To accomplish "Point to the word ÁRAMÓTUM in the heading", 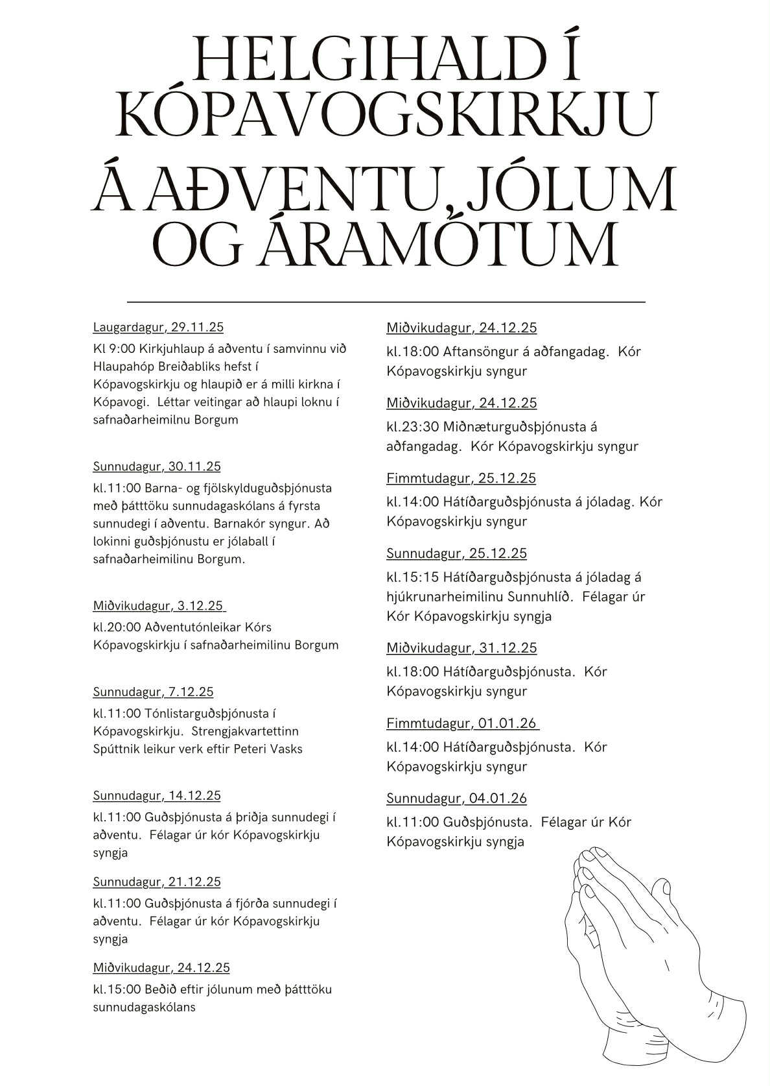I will point(437,245).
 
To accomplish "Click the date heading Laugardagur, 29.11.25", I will point(158,327).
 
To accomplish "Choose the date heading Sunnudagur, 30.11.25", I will point(157,466).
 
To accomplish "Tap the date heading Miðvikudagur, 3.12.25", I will point(159,606).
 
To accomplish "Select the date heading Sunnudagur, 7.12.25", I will point(153,692).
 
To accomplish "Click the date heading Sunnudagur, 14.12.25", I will point(157,795).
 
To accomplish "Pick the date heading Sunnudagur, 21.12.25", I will point(157,882).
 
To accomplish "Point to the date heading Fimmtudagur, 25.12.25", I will point(461,478).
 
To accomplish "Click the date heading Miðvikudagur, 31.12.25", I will point(461,648).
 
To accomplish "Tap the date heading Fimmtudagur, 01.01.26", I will point(462,723).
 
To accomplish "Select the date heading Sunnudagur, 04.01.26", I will point(456,799).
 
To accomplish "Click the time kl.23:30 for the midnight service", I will point(413,427).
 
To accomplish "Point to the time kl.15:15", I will point(413,577).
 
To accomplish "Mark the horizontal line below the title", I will point(386,302).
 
